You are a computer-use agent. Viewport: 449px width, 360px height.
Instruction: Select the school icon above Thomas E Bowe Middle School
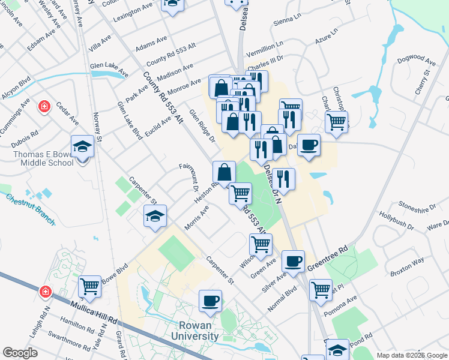[82, 146]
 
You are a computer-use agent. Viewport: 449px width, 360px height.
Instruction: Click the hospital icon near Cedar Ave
[44, 107]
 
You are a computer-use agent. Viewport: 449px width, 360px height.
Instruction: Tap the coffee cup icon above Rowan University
[210, 300]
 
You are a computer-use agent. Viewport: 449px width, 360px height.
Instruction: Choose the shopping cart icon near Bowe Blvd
[89, 286]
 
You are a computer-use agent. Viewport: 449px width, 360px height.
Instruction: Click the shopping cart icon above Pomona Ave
[321, 290]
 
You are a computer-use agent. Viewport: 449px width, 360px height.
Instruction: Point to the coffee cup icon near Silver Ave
[293, 261]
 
